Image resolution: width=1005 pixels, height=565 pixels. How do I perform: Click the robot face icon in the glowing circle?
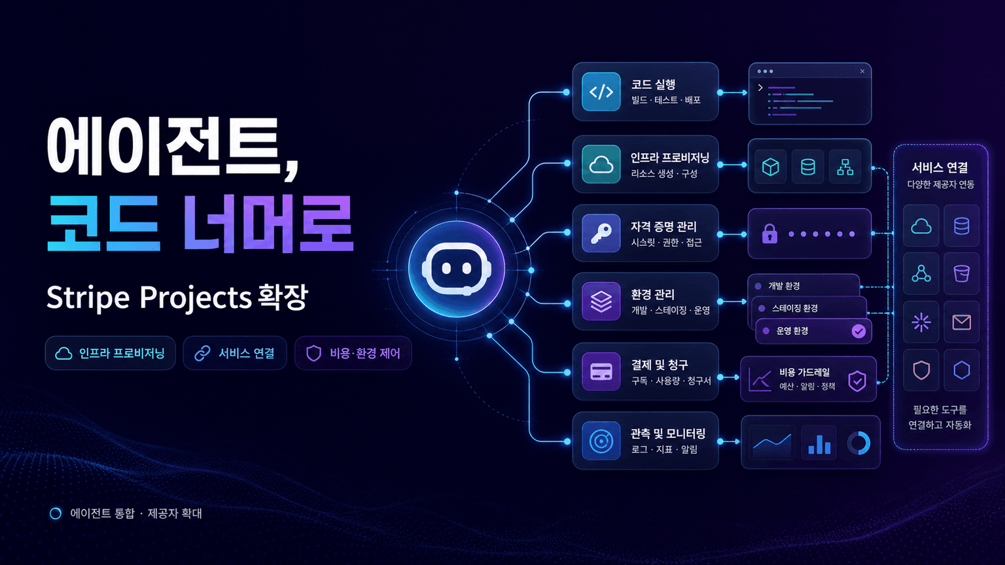coord(456,269)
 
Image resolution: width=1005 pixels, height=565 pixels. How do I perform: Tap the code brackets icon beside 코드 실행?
coord(601,92)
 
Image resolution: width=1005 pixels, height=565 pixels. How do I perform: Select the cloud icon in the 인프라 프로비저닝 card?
coord(601,165)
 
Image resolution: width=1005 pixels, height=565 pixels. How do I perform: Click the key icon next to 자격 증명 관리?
coord(601,233)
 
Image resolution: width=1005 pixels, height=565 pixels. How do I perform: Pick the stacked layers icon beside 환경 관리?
coord(601,301)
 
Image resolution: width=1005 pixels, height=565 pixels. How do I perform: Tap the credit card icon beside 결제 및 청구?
coord(601,371)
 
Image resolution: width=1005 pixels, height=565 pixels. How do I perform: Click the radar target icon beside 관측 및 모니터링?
coord(601,441)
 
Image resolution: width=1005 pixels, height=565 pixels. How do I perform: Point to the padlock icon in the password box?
coord(769,233)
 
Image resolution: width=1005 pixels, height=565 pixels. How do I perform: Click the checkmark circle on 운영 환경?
coord(858,332)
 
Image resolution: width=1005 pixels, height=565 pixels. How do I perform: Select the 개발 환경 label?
coord(784,286)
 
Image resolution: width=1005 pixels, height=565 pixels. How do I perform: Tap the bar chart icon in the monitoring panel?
coord(819,445)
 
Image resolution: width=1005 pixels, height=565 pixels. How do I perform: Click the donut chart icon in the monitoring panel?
coord(858,443)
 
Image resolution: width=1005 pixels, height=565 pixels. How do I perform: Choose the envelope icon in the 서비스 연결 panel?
coord(961,322)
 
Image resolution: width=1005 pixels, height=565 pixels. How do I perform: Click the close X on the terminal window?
coord(862,71)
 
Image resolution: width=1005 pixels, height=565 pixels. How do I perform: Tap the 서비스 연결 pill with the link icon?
coord(235,353)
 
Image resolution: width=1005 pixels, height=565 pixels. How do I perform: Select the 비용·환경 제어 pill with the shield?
coord(353,353)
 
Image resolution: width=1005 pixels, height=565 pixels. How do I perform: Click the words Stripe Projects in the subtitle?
coord(149,298)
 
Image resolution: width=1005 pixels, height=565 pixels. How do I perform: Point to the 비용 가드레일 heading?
coord(804,372)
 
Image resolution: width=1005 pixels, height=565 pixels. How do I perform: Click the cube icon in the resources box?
coord(770,167)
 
